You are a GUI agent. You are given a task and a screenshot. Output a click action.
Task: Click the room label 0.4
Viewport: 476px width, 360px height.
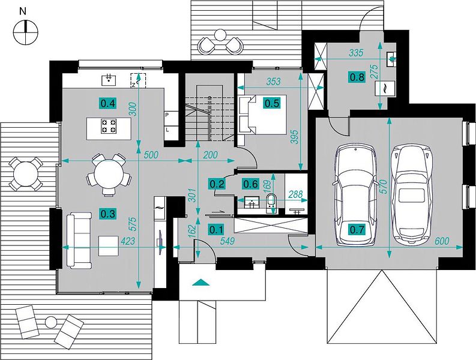click(x=108, y=104)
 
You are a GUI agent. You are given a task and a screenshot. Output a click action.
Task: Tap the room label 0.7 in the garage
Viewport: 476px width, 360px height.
click(x=357, y=230)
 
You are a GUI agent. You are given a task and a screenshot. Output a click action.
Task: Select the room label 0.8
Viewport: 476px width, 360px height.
click(x=357, y=77)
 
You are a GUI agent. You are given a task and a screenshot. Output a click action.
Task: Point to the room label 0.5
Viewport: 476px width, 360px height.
click(x=272, y=103)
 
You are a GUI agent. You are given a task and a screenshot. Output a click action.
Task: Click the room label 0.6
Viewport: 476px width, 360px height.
click(x=250, y=184)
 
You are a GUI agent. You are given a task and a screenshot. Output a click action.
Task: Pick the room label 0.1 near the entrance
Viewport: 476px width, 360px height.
click(x=216, y=230)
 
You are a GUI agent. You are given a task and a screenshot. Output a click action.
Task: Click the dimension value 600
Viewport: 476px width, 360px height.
click(x=442, y=241)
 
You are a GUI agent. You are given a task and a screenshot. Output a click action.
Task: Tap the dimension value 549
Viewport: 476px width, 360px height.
click(x=227, y=241)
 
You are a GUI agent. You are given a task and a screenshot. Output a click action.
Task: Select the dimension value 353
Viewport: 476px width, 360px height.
click(x=274, y=82)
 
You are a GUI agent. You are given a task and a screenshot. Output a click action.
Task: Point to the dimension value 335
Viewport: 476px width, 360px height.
click(x=356, y=53)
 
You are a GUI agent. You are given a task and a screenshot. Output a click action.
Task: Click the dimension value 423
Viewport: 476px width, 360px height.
click(x=128, y=241)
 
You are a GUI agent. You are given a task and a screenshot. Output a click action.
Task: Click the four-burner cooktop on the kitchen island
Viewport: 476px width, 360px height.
click(x=109, y=126)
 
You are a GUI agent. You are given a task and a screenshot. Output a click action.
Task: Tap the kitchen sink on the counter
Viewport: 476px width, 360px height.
click(x=109, y=80)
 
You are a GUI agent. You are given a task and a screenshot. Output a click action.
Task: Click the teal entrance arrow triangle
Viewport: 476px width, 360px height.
click(x=200, y=282)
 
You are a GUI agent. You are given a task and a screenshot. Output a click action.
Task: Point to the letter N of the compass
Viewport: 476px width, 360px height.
click(x=22, y=11)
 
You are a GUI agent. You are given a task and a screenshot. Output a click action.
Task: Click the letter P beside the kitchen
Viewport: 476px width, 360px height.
click(x=167, y=115)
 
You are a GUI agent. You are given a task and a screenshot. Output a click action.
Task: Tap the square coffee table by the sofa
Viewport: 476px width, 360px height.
click(x=108, y=246)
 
